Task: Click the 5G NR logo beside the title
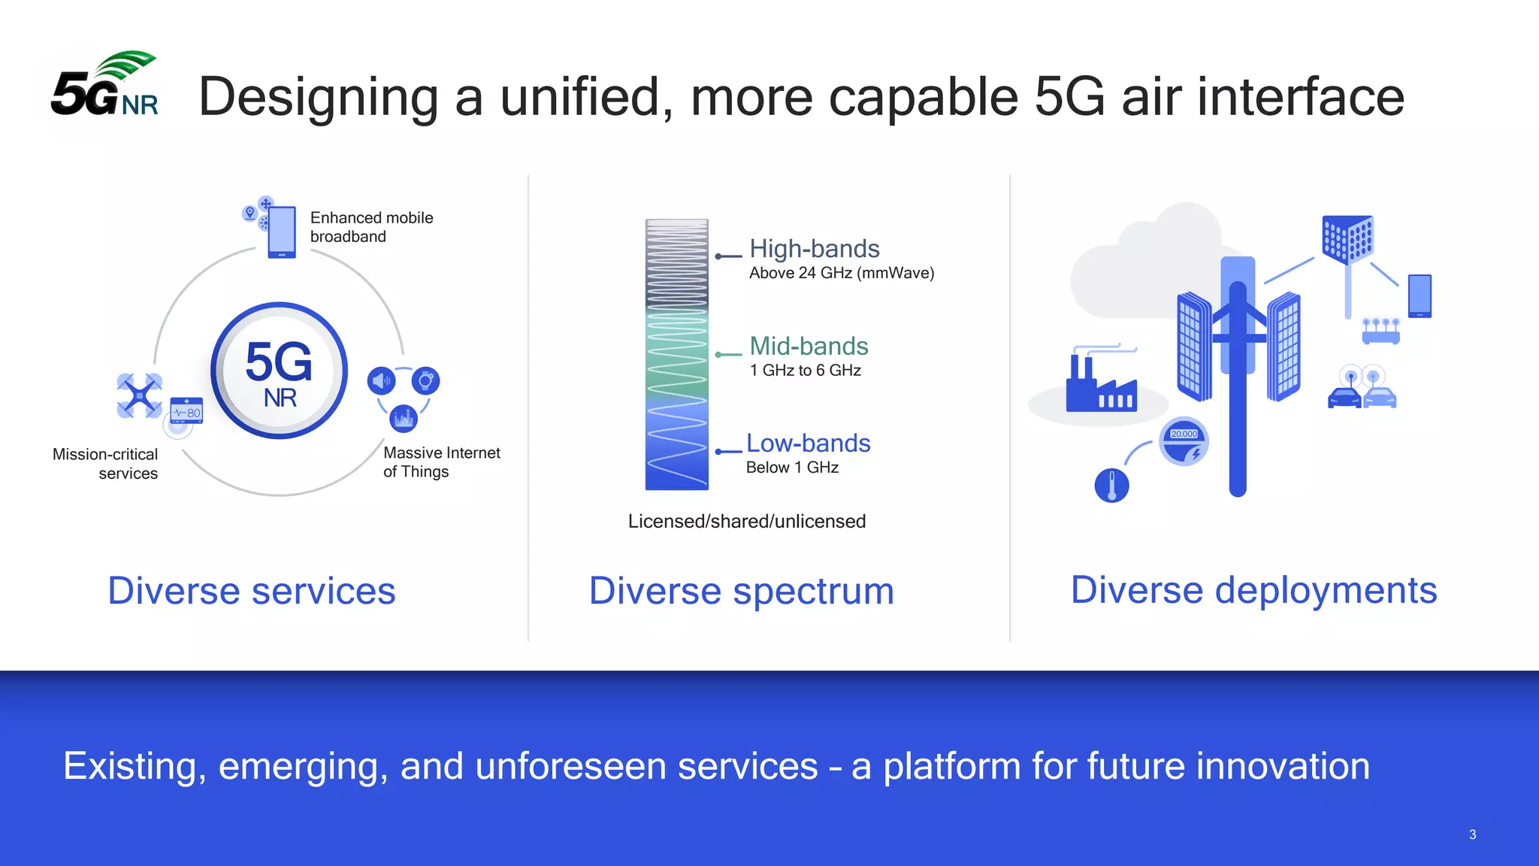(104, 86)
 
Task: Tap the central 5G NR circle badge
(279, 371)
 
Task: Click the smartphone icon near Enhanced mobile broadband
(282, 232)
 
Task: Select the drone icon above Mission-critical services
(140, 395)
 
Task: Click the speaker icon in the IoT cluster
(381, 381)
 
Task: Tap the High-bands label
(814, 249)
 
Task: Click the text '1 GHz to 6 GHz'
(805, 370)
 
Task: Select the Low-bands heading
(808, 443)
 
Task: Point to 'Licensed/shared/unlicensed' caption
(746, 521)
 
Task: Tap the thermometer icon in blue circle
(1111, 486)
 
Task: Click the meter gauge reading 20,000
(1184, 442)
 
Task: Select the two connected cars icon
(1362, 389)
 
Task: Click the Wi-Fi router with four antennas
(1380, 332)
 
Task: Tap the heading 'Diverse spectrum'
(741, 591)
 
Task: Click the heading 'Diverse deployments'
(1253, 590)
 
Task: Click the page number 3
(1472, 834)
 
